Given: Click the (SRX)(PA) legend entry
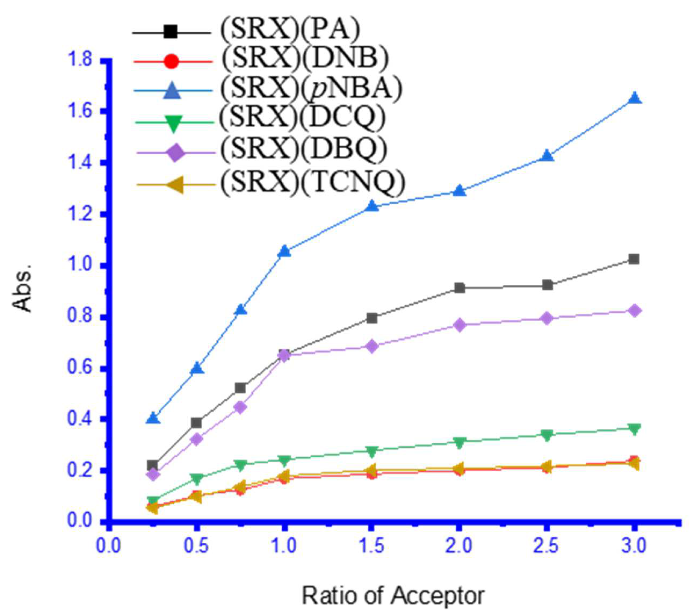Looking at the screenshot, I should click(x=290, y=31).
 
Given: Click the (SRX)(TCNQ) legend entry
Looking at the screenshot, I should click(x=312, y=183).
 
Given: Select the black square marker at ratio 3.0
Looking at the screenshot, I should click(x=633, y=259).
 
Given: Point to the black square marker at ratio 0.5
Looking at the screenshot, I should click(x=196, y=423).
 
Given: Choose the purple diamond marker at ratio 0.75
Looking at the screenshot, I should click(x=240, y=407).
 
